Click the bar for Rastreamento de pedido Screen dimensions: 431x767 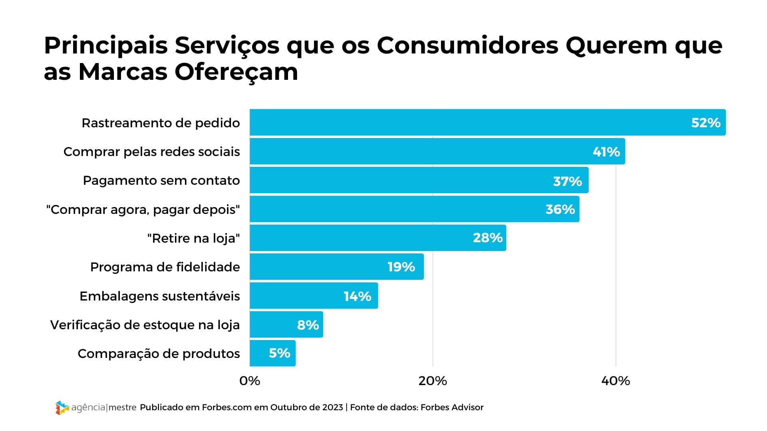click(x=487, y=123)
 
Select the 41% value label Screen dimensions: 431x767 click(x=606, y=152)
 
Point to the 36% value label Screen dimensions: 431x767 click(x=560, y=209)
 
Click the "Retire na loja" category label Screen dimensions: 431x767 click(x=193, y=238)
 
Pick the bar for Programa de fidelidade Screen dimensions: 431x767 click(x=336, y=267)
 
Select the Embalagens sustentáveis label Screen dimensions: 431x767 click(x=160, y=296)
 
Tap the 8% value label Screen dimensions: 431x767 click(x=308, y=325)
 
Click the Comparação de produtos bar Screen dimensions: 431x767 click(x=272, y=353)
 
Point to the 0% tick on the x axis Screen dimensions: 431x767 click(x=250, y=381)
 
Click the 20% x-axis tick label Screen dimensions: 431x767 click(x=433, y=381)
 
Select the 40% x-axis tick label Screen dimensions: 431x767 click(x=616, y=381)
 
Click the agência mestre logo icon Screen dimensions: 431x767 click(x=62, y=407)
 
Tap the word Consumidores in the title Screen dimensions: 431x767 click(x=467, y=45)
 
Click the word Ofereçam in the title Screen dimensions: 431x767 click(x=236, y=72)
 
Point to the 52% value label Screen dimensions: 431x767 click(x=705, y=123)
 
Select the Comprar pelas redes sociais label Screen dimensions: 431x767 click(x=152, y=152)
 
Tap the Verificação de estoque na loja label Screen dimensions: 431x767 click(x=145, y=325)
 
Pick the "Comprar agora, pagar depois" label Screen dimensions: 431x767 click(x=143, y=210)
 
